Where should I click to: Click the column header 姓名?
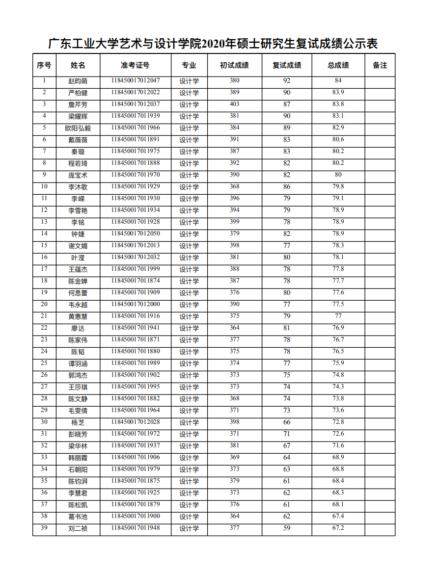click(78, 65)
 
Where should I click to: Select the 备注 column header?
click(380, 65)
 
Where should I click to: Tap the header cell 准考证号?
click(135, 65)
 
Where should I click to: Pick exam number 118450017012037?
click(135, 104)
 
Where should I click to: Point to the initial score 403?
click(234, 104)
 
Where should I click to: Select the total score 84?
click(338, 80)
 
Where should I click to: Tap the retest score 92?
click(287, 81)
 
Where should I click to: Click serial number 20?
click(44, 304)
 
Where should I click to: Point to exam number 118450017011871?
click(135, 339)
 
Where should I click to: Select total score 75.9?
click(338, 363)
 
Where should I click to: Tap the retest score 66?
click(287, 422)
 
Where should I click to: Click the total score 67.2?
click(338, 528)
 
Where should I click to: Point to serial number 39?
click(44, 528)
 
